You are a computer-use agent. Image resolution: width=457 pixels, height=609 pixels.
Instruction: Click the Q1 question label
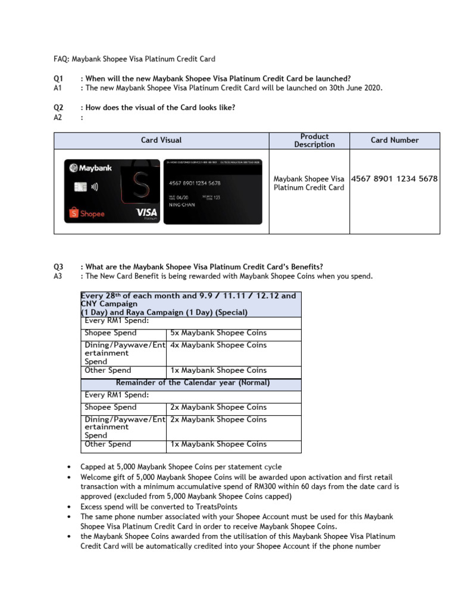(58, 79)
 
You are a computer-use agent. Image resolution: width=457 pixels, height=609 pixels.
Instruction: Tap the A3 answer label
(58, 276)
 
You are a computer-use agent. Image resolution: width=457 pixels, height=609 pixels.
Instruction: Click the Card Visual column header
(161, 140)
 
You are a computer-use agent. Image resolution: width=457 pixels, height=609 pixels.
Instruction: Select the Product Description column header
(314, 140)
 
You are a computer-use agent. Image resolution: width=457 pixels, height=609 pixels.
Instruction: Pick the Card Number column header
(395, 140)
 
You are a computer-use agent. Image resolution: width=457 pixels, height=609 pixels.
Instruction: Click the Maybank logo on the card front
(90, 168)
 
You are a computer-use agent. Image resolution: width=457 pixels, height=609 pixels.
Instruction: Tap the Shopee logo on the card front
(87, 213)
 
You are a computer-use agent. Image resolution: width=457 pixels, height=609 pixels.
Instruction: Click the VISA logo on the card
(146, 212)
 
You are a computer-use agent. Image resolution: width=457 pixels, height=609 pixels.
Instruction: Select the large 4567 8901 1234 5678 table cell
(395, 178)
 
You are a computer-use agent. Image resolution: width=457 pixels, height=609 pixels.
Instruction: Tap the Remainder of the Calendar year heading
(193, 382)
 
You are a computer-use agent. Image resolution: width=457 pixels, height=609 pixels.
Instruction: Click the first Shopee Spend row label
(111, 333)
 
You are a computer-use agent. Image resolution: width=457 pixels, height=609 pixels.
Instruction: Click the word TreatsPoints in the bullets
(212, 506)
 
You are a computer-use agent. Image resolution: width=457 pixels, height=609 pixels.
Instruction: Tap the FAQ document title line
(134, 59)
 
